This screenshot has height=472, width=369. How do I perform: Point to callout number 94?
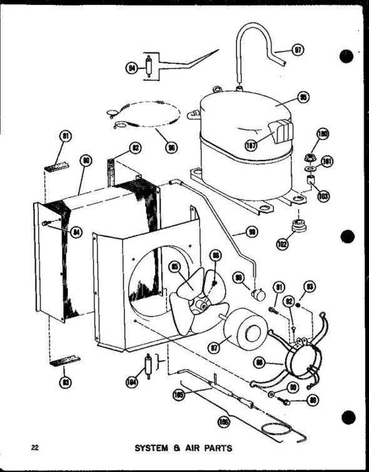(x=131, y=67)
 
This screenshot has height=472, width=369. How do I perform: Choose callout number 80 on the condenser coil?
(x=86, y=161)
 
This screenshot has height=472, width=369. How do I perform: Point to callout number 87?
(x=215, y=344)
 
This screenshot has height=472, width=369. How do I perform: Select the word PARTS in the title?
(x=216, y=448)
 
